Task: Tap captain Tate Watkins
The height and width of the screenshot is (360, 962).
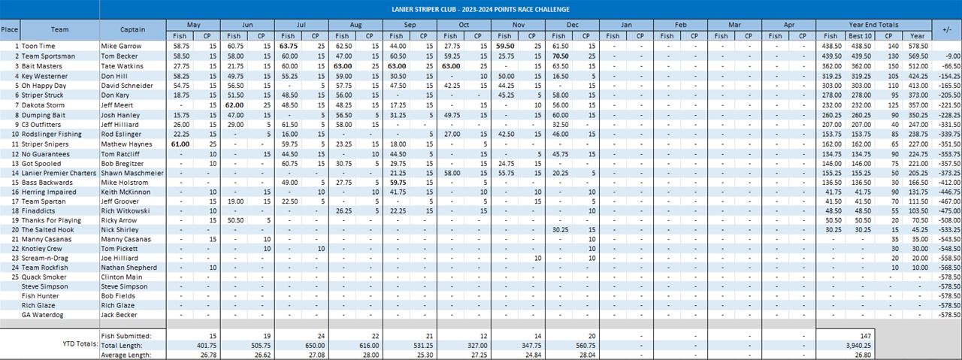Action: pyautogui.click(x=122, y=66)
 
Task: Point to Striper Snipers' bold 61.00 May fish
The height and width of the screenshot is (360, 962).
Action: pyautogui.click(x=180, y=144)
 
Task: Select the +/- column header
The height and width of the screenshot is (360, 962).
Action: pyautogui.click(x=947, y=30)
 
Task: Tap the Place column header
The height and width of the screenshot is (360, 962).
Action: pyautogui.click(x=10, y=30)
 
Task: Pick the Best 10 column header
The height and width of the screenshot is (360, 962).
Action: pyautogui.click(x=861, y=35)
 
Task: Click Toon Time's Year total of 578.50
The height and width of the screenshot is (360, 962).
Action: pyautogui.click(x=917, y=47)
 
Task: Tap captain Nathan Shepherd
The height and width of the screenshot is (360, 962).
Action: pyautogui.click(x=128, y=267)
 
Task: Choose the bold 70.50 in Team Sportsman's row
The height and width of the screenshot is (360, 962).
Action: pyautogui.click(x=560, y=56)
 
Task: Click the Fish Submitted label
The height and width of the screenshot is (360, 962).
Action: pyautogui.click(x=126, y=335)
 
